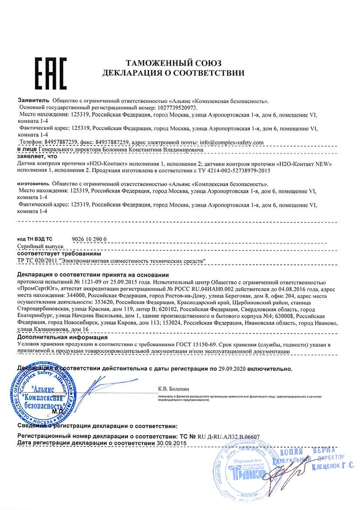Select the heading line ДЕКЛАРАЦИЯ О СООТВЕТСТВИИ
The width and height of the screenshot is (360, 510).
(x=174, y=73)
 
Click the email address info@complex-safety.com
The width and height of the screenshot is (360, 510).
(x=231, y=142)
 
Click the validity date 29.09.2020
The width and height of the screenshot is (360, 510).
(x=232, y=369)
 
